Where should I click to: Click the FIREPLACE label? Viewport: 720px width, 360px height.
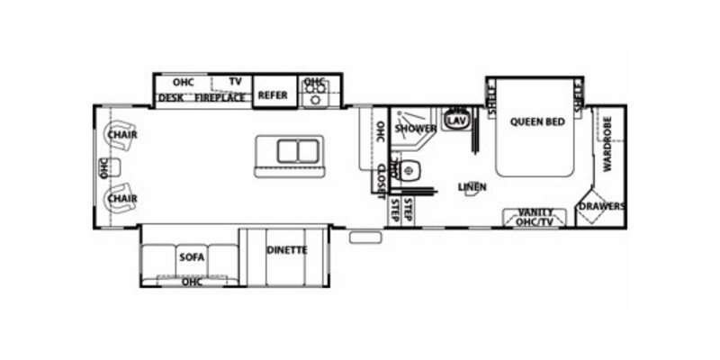click(x=220, y=97)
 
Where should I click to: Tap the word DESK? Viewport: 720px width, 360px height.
click(x=171, y=97)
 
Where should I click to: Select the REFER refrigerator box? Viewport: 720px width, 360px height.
click(x=272, y=94)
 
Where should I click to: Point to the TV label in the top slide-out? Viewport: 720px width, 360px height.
click(x=235, y=81)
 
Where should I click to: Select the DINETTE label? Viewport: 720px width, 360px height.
click(x=287, y=249)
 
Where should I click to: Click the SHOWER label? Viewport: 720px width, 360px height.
click(x=415, y=129)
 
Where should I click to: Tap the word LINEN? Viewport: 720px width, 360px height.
click(x=472, y=187)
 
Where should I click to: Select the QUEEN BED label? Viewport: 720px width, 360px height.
click(x=536, y=121)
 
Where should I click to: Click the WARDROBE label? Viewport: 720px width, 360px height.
click(x=607, y=144)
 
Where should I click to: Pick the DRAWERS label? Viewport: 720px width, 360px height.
click(x=601, y=206)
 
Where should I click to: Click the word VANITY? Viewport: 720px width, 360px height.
click(x=535, y=211)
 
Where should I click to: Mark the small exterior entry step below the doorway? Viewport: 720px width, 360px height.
click(x=364, y=238)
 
